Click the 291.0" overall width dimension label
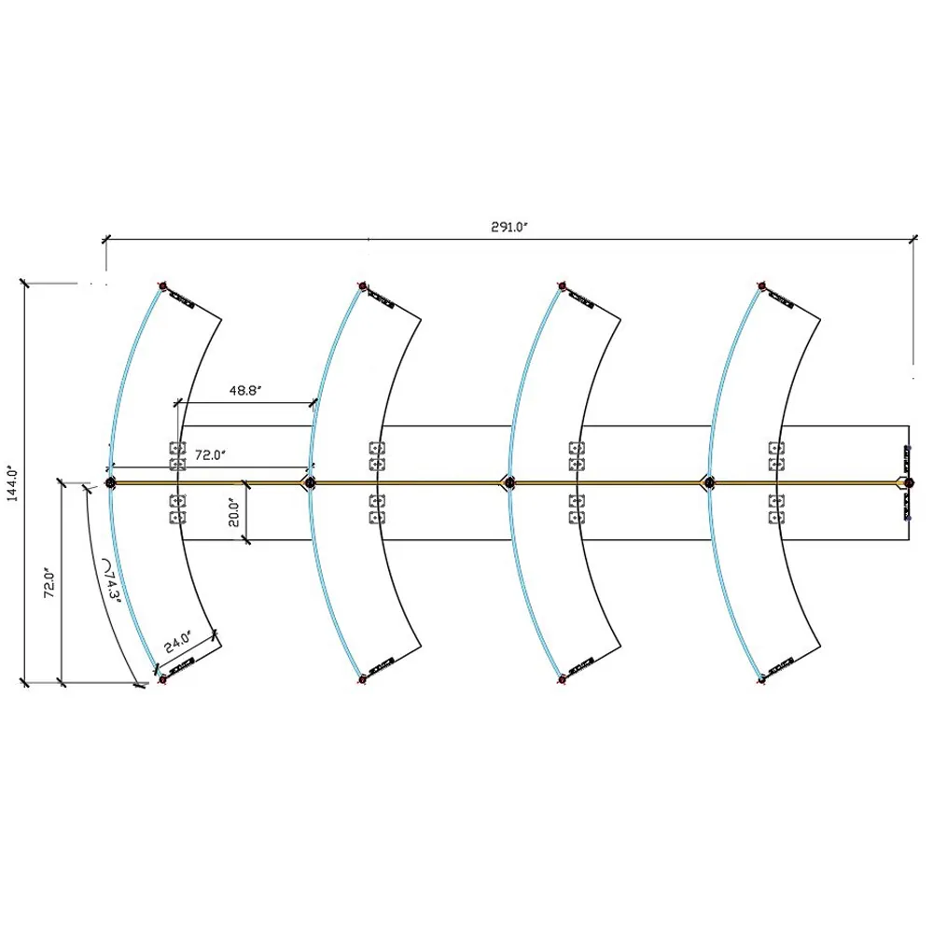coord(509,227)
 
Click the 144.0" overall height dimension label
coord(13,483)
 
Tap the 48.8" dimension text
coord(245,390)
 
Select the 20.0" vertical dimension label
coord(234,512)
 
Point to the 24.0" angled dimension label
coord(178,642)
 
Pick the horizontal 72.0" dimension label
coord(211,455)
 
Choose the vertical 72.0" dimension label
coord(50,582)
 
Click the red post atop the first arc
coord(162,286)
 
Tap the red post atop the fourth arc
coord(761,286)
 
